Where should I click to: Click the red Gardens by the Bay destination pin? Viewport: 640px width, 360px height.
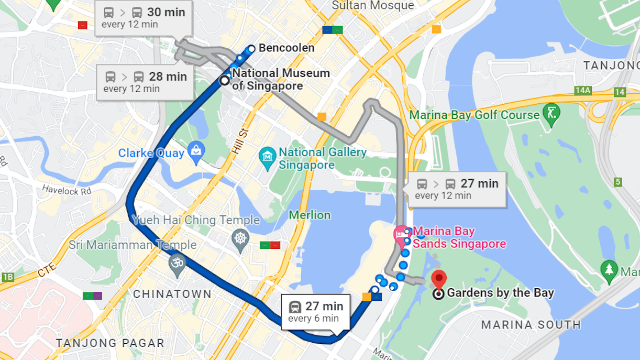tap(438, 279)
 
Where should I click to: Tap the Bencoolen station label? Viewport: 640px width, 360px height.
tap(286, 48)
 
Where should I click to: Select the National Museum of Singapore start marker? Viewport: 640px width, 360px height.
tap(225, 80)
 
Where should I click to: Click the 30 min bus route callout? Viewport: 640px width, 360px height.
tap(144, 18)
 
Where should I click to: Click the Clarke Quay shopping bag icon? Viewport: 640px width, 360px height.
tap(196, 151)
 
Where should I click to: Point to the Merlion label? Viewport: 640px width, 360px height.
tap(310, 215)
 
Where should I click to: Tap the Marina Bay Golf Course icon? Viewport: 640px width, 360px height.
tap(551, 113)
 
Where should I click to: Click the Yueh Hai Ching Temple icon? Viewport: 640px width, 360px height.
tap(240, 238)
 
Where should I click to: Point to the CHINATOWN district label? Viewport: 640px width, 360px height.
tap(172, 294)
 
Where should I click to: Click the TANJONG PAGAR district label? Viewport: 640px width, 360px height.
tap(110, 343)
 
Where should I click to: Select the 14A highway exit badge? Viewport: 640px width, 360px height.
tap(582, 91)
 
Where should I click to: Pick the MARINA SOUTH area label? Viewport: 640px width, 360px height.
tap(531, 325)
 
